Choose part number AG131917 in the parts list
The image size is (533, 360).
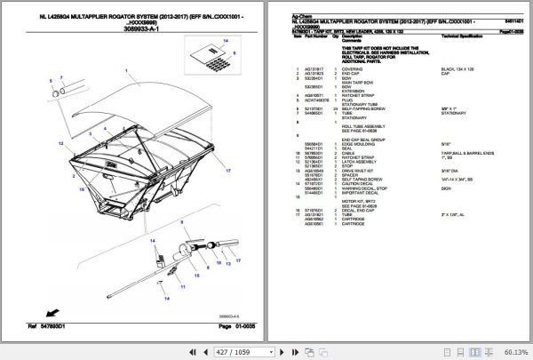coord(313,68)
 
